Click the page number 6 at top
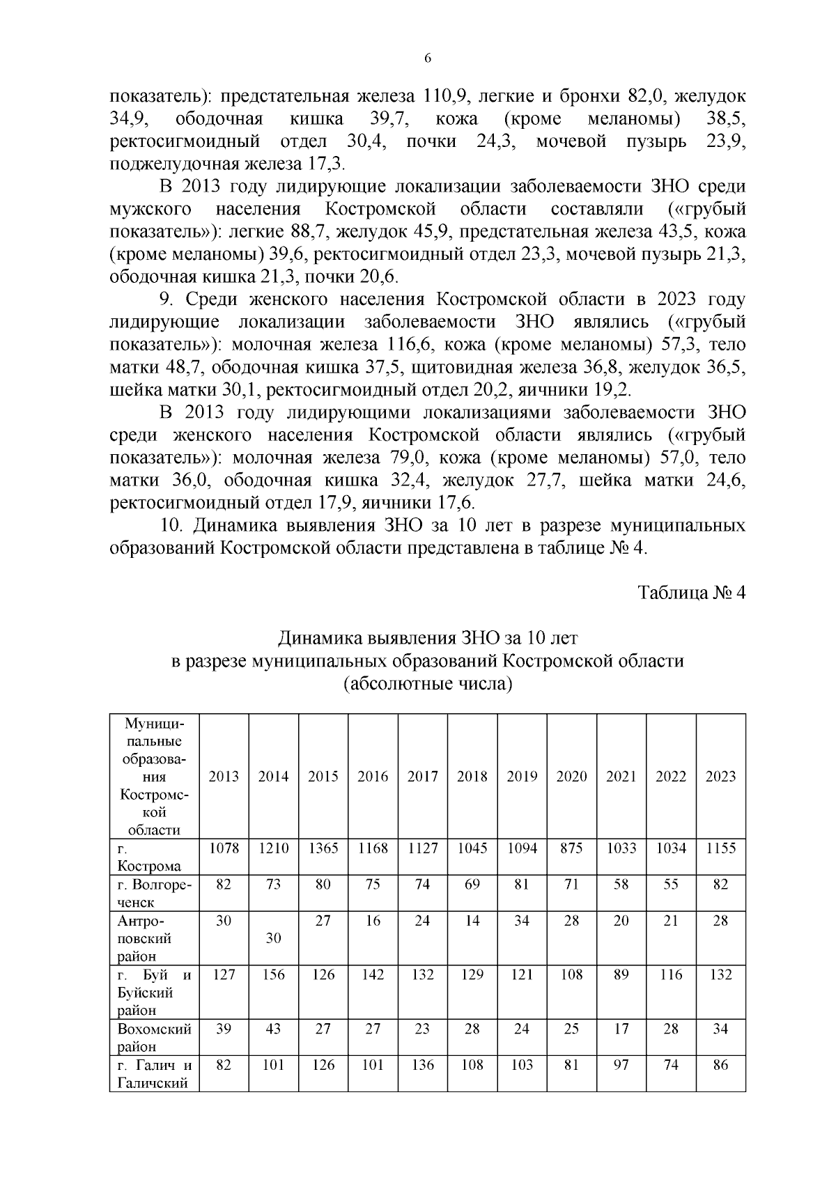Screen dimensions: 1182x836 (428, 59)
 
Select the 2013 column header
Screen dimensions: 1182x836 (224, 777)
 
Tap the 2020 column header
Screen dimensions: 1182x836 (571, 777)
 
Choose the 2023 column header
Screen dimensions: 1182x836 (720, 777)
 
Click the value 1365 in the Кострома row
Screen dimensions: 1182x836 (323, 848)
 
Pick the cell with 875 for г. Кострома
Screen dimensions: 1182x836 (571, 848)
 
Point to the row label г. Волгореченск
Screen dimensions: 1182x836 (154, 893)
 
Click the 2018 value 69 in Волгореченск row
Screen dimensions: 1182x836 (472, 885)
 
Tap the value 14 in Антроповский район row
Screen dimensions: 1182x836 (472, 921)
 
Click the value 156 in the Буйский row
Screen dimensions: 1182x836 (273, 975)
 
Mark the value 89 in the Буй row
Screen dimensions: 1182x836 (621, 975)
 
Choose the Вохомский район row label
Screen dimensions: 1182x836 (154, 1037)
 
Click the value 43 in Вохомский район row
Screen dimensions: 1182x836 (273, 1029)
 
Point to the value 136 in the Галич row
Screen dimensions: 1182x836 (422, 1066)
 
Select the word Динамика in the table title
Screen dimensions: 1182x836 (318, 638)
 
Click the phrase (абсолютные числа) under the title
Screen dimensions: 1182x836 (428, 683)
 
